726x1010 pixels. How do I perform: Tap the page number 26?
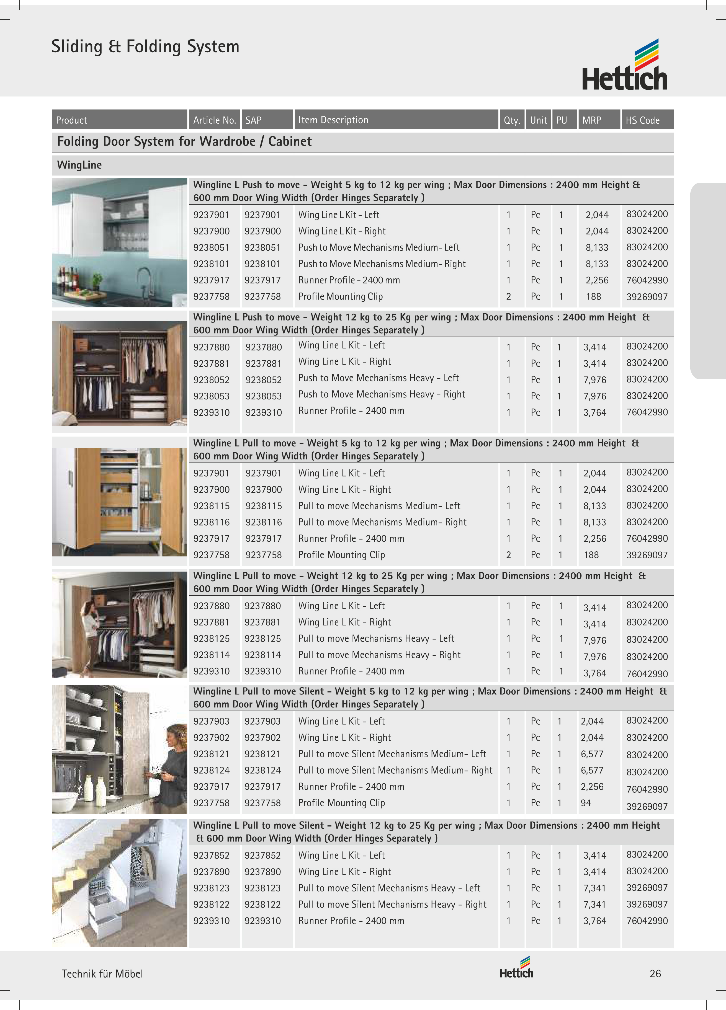[655, 973]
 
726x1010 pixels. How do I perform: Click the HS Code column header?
[642, 120]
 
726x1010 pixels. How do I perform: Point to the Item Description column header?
[333, 120]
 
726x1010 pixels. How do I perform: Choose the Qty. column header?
[512, 120]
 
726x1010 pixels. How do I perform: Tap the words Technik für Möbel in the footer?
[102, 973]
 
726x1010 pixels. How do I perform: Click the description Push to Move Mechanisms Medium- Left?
[379, 248]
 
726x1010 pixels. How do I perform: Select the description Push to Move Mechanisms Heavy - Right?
[381, 394]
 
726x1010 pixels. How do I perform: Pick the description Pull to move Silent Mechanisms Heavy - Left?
[389, 888]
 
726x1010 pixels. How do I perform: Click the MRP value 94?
[586, 803]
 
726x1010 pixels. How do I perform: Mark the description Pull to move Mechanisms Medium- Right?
[382, 522]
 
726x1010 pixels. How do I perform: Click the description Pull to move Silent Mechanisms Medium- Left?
[392, 754]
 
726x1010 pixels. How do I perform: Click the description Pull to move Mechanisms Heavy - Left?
[376, 639]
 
